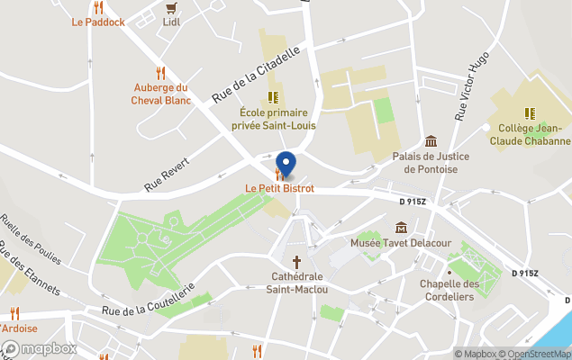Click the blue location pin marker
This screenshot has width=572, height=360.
point(286,165)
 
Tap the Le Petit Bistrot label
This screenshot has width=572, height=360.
point(279,188)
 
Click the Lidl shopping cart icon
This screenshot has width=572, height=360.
point(171,8)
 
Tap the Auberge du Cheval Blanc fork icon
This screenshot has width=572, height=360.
point(160,72)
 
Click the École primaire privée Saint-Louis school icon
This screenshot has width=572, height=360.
point(273,96)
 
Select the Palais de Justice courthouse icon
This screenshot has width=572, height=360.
point(431,141)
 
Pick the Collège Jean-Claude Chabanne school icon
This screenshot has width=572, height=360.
point(530,113)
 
